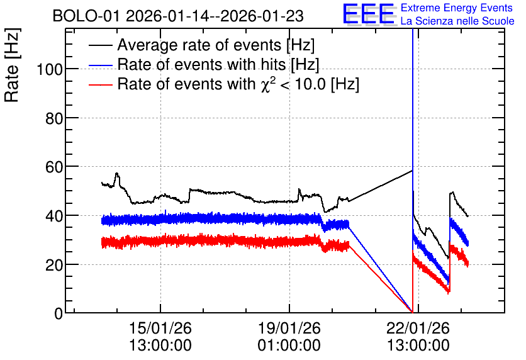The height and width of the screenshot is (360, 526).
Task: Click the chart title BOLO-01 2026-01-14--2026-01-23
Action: (x=178, y=16)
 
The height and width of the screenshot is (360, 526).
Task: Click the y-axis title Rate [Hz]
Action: (x=12, y=65)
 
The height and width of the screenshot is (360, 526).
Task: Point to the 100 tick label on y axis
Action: (x=50, y=70)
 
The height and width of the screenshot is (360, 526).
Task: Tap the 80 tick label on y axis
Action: (x=54, y=118)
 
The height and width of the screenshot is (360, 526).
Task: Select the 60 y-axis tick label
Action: (x=54, y=167)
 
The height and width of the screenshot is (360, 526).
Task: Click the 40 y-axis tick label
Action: (x=54, y=216)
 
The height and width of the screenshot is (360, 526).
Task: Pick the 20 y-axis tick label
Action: (x=54, y=265)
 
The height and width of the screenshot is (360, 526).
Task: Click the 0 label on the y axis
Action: (x=59, y=313)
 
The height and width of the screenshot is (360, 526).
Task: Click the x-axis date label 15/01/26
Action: (x=160, y=328)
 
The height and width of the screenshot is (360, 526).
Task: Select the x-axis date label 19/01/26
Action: (x=289, y=328)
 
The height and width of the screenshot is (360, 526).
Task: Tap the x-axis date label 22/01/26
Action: (x=418, y=328)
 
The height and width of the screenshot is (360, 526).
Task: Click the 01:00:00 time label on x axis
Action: (x=289, y=345)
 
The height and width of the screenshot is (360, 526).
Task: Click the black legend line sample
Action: (x=100, y=45)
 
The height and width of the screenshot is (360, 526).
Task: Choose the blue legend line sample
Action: (x=100, y=65)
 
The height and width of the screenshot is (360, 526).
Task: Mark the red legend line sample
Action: (x=100, y=84)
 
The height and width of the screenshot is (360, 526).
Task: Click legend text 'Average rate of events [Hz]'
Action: (x=216, y=45)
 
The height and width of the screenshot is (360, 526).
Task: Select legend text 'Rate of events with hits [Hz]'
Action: (x=218, y=65)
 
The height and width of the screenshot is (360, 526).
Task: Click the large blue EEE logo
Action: (x=369, y=14)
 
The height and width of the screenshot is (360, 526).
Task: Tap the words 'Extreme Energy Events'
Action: (x=457, y=8)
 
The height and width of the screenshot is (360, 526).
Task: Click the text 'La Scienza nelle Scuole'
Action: (x=457, y=21)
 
